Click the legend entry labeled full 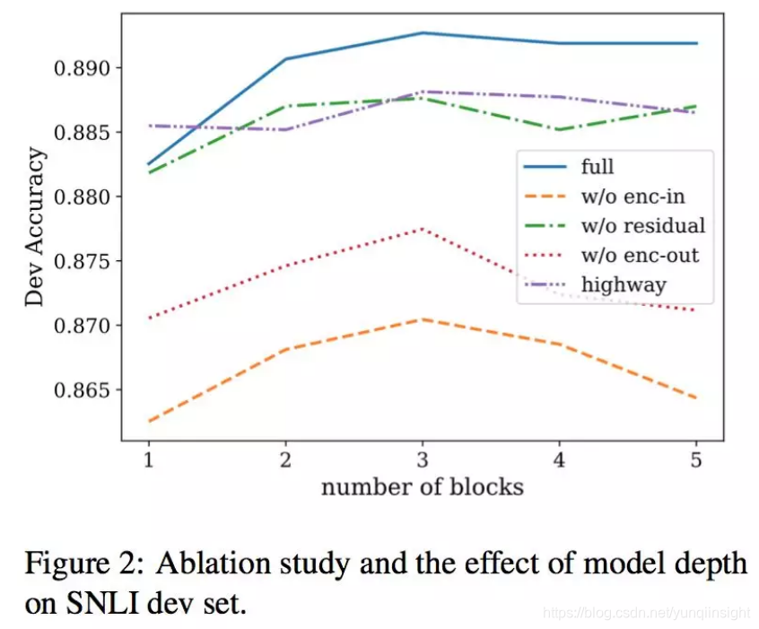pyautogui.click(x=598, y=166)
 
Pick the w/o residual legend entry pyautogui.click(x=642, y=225)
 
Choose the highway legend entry pyautogui.click(x=624, y=285)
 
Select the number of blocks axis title pyautogui.click(x=422, y=487)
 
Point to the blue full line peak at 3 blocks pyautogui.click(x=422, y=32)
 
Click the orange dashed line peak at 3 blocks pyautogui.click(x=422, y=319)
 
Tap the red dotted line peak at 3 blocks pyautogui.click(x=422, y=229)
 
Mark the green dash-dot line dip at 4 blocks pyautogui.click(x=559, y=129)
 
